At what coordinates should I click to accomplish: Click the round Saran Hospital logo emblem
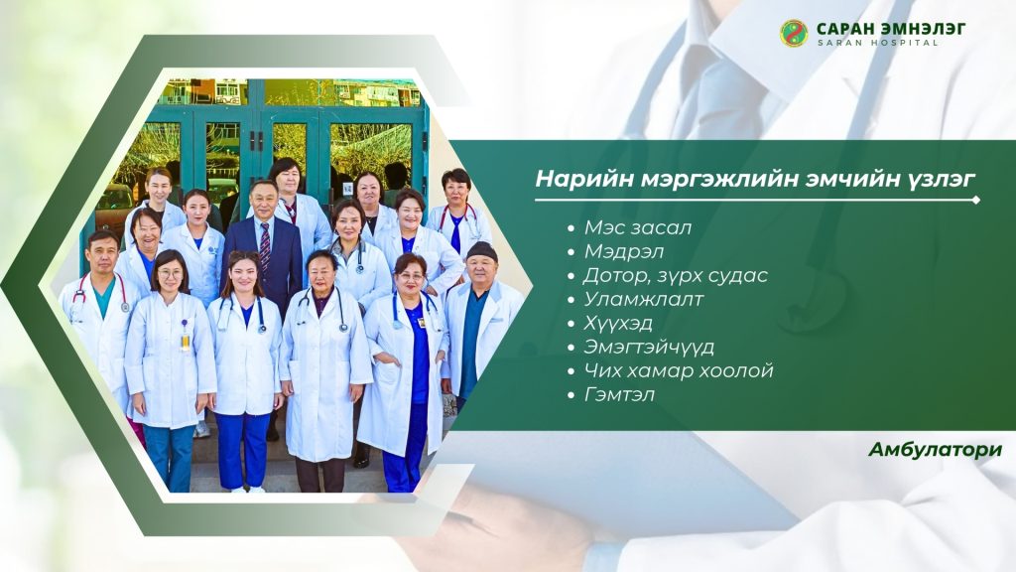coord(793,33)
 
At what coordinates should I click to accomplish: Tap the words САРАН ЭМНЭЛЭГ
coord(891,29)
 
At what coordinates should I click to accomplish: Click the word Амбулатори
coord(935,450)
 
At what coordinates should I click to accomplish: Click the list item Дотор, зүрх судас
coord(675,276)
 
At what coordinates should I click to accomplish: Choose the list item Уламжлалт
coord(643,299)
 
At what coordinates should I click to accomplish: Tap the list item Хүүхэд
coord(617,323)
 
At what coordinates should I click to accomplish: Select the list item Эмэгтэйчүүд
coord(649,347)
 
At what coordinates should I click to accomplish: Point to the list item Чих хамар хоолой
coord(679,370)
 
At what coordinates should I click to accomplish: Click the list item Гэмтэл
coord(619,394)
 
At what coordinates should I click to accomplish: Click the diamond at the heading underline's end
coord(976,201)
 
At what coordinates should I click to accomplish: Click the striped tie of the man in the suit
coord(264,245)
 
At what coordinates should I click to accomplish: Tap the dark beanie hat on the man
coord(481,251)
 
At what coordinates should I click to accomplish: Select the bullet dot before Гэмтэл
coord(571,395)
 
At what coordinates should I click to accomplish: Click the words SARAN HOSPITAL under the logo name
coord(877,43)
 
